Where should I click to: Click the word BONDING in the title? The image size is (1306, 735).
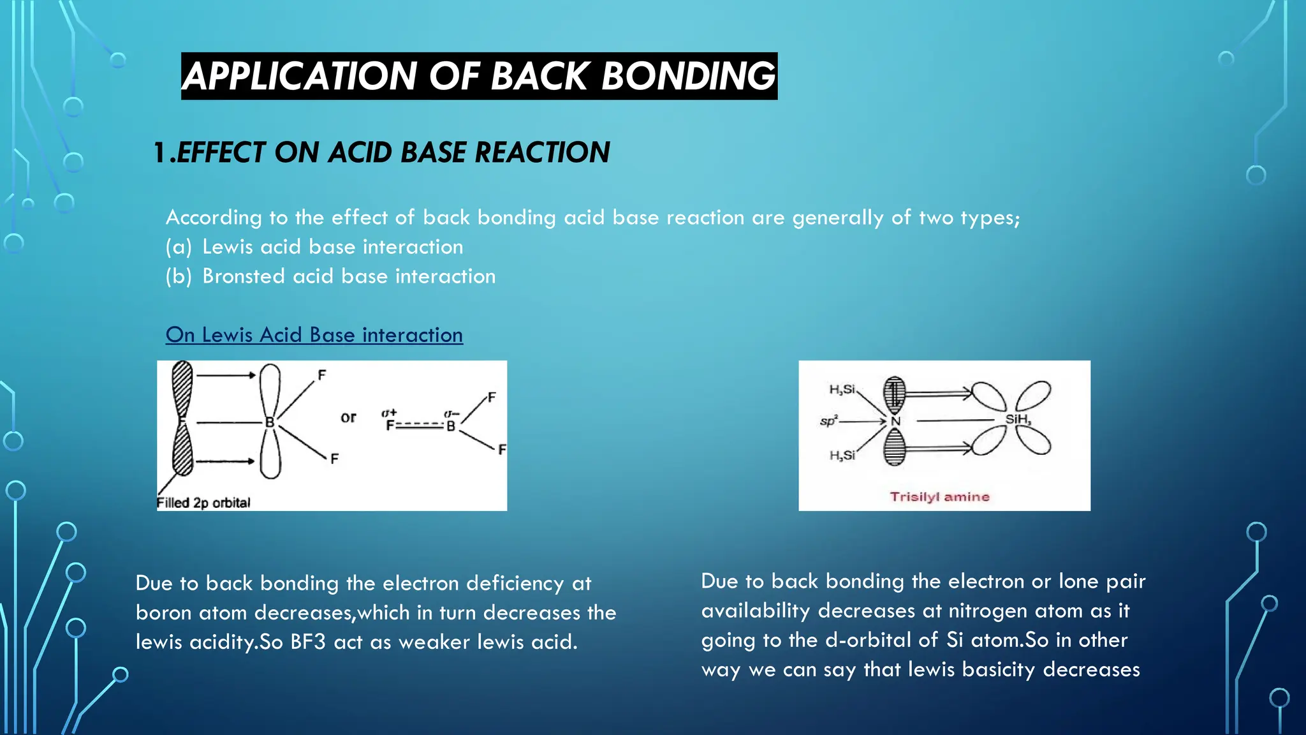[688, 76]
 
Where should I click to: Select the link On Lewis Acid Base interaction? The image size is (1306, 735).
[314, 334]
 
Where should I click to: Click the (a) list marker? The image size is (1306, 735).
[179, 247]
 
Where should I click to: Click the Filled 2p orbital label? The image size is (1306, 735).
[203, 503]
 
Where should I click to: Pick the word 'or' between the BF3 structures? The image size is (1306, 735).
[348, 417]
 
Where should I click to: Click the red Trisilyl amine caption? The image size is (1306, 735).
[939, 496]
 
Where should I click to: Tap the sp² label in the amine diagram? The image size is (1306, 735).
[828, 421]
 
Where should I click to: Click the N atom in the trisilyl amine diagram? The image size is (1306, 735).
[895, 421]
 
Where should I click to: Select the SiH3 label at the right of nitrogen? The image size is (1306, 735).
[1018, 419]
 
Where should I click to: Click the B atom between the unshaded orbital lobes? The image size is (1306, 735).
[270, 422]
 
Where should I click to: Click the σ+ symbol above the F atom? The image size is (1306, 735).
[389, 413]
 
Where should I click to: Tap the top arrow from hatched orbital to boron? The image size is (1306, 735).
[226, 375]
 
